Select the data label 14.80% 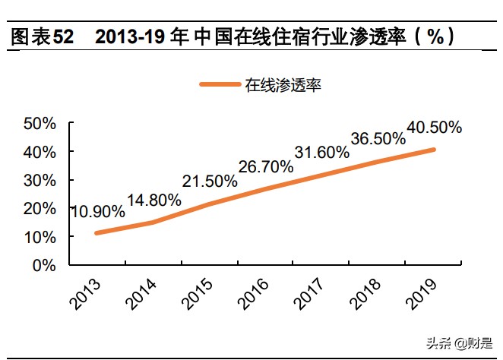tap(153, 201)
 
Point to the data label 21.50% tap(209, 182)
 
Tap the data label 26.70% tap(265, 166)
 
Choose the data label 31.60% tap(321, 153)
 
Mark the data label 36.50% tap(378, 138)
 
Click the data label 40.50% tap(434, 127)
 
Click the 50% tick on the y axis tap(40, 123)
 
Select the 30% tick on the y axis tap(40, 180)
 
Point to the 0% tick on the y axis tap(44, 265)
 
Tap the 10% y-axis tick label tap(40, 237)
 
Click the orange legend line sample tap(220, 85)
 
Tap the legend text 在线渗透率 tap(283, 85)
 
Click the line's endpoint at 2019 tap(434, 150)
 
